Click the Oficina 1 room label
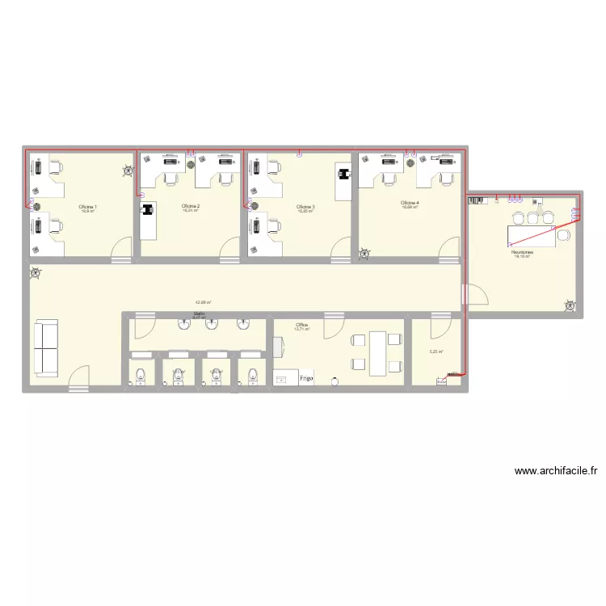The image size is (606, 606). [87, 207]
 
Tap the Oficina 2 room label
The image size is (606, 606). [191, 206]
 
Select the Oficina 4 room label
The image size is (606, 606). [409, 203]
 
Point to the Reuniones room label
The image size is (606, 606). [522, 252]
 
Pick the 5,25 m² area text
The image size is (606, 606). [436, 351]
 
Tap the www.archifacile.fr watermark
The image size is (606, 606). [555, 471]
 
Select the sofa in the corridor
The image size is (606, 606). [45, 347]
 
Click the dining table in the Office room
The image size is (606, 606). [377, 353]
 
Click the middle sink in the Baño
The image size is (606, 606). [213, 325]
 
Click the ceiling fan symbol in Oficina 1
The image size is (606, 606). [127, 170]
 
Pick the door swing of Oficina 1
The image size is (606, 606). [119, 248]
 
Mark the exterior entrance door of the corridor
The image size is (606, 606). [78, 380]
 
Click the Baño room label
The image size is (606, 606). [199, 314]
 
